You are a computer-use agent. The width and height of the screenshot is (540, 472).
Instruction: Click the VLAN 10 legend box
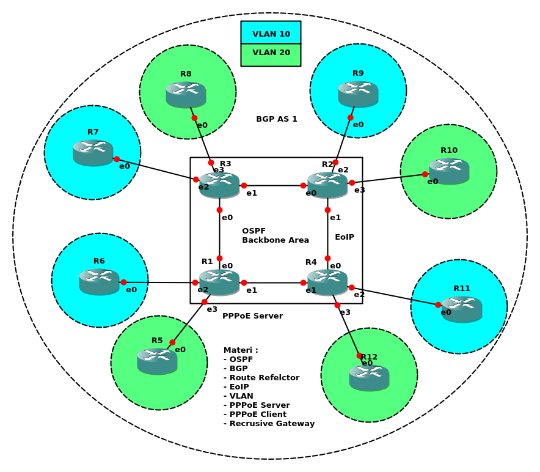[x=271, y=33]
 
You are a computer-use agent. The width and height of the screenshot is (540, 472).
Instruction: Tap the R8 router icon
[x=186, y=94]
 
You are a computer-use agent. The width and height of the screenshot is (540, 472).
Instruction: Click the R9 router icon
[x=358, y=94]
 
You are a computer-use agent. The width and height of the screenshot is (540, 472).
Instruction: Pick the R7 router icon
[x=93, y=152]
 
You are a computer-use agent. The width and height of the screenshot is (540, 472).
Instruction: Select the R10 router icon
[x=449, y=171]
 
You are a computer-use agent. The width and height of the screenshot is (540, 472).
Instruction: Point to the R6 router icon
[x=99, y=281]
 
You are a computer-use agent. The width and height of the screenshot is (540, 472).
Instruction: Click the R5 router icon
[x=157, y=361]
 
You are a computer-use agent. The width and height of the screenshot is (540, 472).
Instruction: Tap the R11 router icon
[x=462, y=309]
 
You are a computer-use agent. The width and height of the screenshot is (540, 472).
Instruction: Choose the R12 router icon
[x=369, y=377]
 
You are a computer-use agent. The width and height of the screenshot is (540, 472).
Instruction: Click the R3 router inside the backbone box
[x=219, y=185]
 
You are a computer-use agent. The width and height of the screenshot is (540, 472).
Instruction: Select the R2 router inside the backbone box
[x=327, y=185]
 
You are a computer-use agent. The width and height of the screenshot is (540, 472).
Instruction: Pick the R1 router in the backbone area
[x=219, y=282]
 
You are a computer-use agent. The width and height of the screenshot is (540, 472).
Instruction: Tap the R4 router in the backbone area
[x=327, y=282]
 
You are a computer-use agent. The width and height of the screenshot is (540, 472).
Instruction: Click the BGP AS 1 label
[x=277, y=119]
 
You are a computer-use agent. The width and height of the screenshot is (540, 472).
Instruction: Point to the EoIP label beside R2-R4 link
[x=345, y=237]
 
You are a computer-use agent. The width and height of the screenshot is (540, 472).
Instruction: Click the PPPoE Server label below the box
[x=252, y=316]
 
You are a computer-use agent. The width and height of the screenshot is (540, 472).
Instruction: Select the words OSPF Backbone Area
[x=275, y=235]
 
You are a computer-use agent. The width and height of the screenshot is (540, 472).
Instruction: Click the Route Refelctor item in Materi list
[x=261, y=378]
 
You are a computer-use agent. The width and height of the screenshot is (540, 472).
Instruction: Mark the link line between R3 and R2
[x=274, y=185]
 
